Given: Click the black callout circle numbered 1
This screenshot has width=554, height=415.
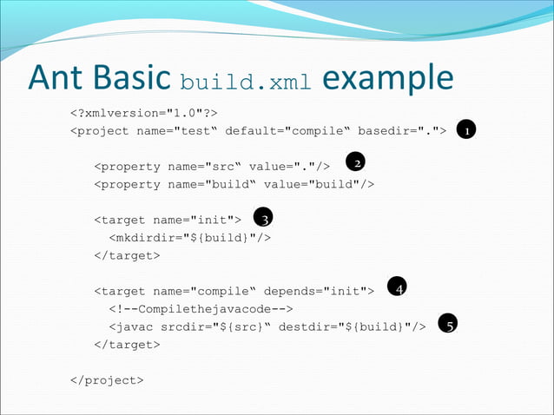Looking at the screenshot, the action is [467, 130].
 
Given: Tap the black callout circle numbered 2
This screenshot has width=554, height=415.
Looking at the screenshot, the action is [355, 162].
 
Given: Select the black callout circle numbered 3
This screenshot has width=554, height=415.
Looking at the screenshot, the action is [263, 217].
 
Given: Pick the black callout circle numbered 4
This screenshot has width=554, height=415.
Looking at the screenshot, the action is [398, 287].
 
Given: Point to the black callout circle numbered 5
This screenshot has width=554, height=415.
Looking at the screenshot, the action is [448, 324].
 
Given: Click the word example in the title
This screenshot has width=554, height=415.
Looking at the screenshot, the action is [387, 79].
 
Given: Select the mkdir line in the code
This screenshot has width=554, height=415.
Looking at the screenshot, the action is [188, 237].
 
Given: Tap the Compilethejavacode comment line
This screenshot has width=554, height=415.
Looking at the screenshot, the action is [200, 308].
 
